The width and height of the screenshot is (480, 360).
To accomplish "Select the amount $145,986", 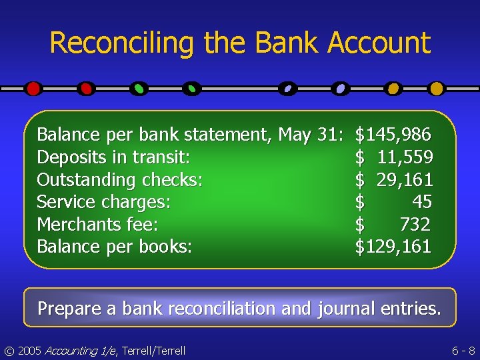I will click(x=393, y=135).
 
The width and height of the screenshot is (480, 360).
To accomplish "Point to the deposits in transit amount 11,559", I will click(x=405, y=158).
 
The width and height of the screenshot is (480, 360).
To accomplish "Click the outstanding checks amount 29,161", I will click(x=405, y=180).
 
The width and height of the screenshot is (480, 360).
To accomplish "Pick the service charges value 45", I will click(x=421, y=202).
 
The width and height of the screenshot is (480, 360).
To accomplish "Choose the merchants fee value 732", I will click(x=414, y=225).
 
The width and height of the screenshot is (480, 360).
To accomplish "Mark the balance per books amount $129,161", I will click(x=393, y=247).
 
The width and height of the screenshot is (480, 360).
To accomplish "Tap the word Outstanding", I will click(x=79, y=180).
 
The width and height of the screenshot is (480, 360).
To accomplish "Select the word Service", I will click(x=64, y=202).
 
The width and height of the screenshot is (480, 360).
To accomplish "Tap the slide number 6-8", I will click(x=463, y=350).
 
